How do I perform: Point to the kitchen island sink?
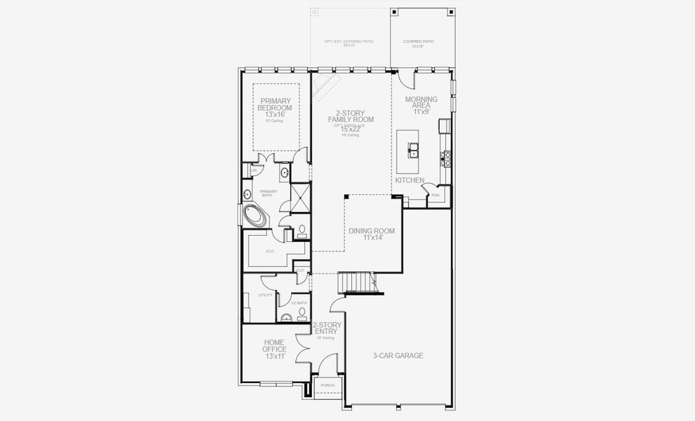tap(413, 149)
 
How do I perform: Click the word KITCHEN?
tap(410, 180)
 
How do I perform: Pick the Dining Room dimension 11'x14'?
tap(371, 238)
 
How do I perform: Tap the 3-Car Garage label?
tap(398, 356)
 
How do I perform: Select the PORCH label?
tap(328, 386)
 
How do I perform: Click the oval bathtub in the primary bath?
tap(256, 214)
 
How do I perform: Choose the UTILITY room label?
tap(265, 295)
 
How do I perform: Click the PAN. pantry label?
tap(436, 194)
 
